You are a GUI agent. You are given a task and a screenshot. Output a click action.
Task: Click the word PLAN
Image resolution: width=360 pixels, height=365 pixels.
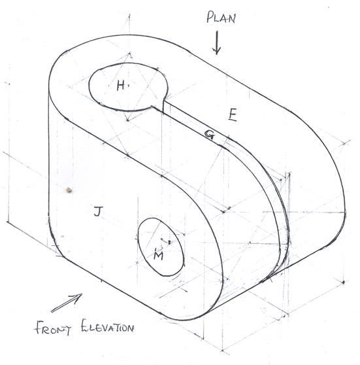coord(221,17)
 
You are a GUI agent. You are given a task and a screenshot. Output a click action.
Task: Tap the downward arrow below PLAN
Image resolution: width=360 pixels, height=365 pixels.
coord(216,43)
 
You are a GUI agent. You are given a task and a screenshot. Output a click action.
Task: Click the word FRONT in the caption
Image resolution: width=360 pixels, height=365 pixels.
coord(53,328)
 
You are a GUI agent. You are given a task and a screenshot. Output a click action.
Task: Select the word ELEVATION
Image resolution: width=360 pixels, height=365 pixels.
coord(107,326)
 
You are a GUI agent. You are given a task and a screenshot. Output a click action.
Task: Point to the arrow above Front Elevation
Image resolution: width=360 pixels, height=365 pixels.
coord(67,303)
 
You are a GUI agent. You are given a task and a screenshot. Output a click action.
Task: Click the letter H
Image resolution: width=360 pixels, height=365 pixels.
coord(121,85)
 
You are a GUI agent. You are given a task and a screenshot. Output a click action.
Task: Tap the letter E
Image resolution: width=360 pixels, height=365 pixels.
coord(233,115)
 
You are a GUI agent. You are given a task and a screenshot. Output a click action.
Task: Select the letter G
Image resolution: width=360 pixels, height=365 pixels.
coord(209,135)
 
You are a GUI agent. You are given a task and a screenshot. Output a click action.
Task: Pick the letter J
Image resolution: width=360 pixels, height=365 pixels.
coord(98,211)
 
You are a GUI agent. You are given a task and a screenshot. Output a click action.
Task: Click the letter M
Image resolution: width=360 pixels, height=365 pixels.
coord(158,254)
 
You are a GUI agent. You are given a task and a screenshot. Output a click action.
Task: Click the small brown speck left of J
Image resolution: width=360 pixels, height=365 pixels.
coord(69,190)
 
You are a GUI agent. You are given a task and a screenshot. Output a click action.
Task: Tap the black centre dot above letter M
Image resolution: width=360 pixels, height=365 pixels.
coord(169,242)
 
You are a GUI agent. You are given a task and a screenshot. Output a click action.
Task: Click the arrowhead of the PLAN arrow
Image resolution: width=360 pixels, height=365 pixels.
coord(216,52)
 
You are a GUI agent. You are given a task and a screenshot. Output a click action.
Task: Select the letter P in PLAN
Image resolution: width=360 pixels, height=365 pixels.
coord(210,17)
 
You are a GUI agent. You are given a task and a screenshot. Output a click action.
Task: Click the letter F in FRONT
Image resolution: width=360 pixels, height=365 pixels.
coord(39,326)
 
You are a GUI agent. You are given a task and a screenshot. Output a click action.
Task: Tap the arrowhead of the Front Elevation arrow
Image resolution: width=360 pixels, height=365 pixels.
coord(78,296)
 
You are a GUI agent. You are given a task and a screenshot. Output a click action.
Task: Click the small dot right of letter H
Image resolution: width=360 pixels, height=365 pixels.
coord(129,86)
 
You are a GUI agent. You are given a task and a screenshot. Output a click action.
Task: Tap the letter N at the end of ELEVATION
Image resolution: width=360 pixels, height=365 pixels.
coord(130,328)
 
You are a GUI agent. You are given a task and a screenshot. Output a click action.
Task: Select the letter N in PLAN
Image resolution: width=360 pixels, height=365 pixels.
coord(232,18)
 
